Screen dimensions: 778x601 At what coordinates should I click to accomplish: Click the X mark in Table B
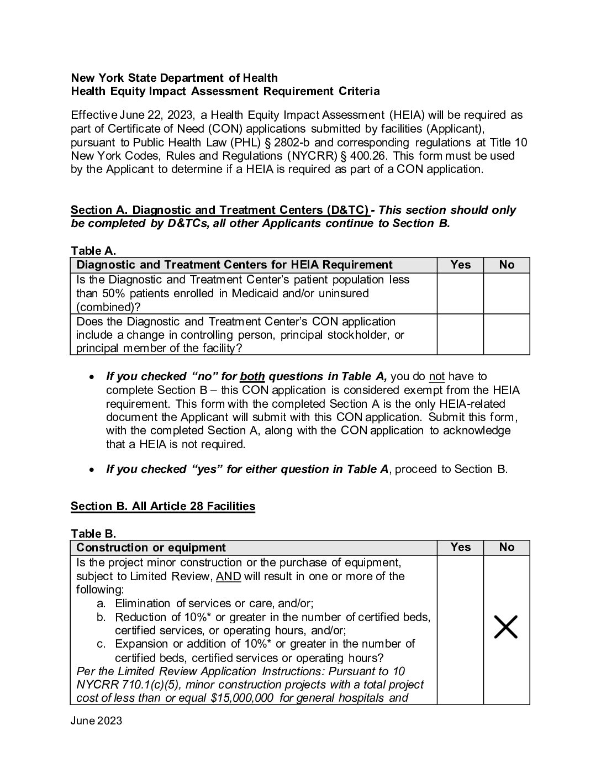(505, 627)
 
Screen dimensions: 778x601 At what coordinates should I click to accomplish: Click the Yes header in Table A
(460, 265)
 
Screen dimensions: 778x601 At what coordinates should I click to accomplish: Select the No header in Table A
(506, 265)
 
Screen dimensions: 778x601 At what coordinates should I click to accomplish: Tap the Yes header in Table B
(460, 547)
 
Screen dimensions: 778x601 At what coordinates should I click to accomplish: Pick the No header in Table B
(506, 547)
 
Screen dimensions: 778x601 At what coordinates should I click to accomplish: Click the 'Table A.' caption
(93, 251)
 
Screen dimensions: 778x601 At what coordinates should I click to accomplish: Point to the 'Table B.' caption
(93, 534)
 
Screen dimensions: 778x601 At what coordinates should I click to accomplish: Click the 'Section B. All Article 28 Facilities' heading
(163, 506)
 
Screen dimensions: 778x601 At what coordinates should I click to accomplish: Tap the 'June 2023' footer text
(96, 721)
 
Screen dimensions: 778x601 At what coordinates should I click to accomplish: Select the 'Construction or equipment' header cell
(151, 548)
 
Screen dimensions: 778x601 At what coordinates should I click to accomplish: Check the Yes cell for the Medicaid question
(460, 293)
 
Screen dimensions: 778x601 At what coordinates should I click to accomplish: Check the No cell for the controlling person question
(506, 334)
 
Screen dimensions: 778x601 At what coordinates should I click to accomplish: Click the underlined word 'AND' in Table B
(228, 576)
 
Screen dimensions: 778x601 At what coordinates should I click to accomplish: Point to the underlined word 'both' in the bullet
(252, 376)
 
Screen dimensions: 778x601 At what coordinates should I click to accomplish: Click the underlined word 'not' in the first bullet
(436, 376)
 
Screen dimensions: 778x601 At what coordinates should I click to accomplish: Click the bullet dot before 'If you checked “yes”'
(92, 469)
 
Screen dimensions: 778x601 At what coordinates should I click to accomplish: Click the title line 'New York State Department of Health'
(174, 78)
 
